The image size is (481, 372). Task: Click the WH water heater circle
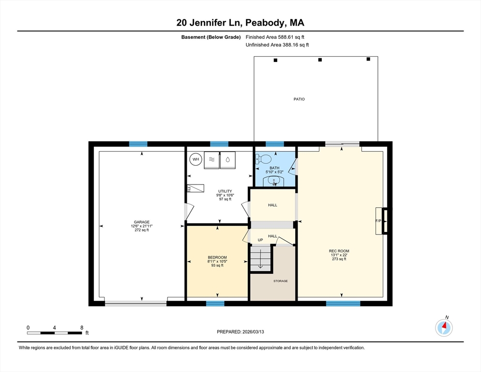pyautogui.click(x=195, y=159)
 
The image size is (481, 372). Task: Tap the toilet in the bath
pyautogui.click(x=264, y=159)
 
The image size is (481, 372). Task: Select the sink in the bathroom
pyautogui.click(x=274, y=181)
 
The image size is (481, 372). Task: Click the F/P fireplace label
pyautogui.click(x=378, y=221)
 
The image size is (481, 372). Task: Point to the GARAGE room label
pyautogui.click(x=142, y=222)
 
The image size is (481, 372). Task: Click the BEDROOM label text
pyautogui.click(x=217, y=257)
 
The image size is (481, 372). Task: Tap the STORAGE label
pyautogui.click(x=281, y=281)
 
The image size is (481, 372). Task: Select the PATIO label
pyautogui.click(x=299, y=99)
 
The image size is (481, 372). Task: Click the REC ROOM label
pyautogui.click(x=339, y=251)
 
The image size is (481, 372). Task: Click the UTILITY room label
pyautogui.click(x=225, y=191)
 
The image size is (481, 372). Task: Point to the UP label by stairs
pyautogui.click(x=260, y=240)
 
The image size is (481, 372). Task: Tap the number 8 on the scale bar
pyautogui.click(x=82, y=328)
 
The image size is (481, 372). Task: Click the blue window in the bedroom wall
pyautogui.click(x=215, y=304)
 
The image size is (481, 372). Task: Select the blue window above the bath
pyautogui.click(x=274, y=144)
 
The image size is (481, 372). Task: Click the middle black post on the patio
pyautogui.click(x=320, y=60)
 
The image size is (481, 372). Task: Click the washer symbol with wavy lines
pyautogui.click(x=211, y=160)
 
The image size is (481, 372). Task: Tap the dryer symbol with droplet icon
pyautogui.click(x=227, y=160)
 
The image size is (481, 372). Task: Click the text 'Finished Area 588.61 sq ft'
pyautogui.click(x=275, y=37)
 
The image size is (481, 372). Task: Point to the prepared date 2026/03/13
pyautogui.click(x=253, y=332)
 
